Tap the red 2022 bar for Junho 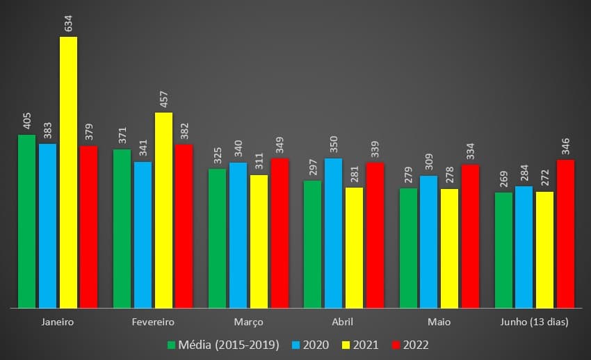[x=565, y=234]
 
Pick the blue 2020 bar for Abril [x=333, y=233]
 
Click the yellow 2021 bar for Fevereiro [x=163, y=209]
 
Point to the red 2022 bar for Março [x=280, y=233]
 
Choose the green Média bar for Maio [x=408, y=247]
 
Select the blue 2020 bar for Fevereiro [x=143, y=234]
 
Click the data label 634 [x=68, y=22]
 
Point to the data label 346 [x=565, y=146]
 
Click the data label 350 [x=333, y=145]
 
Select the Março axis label [x=248, y=322]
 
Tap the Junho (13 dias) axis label [x=535, y=322]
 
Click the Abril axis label [x=343, y=322]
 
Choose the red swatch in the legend [x=397, y=345]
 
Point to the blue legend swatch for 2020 [x=294, y=345]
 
